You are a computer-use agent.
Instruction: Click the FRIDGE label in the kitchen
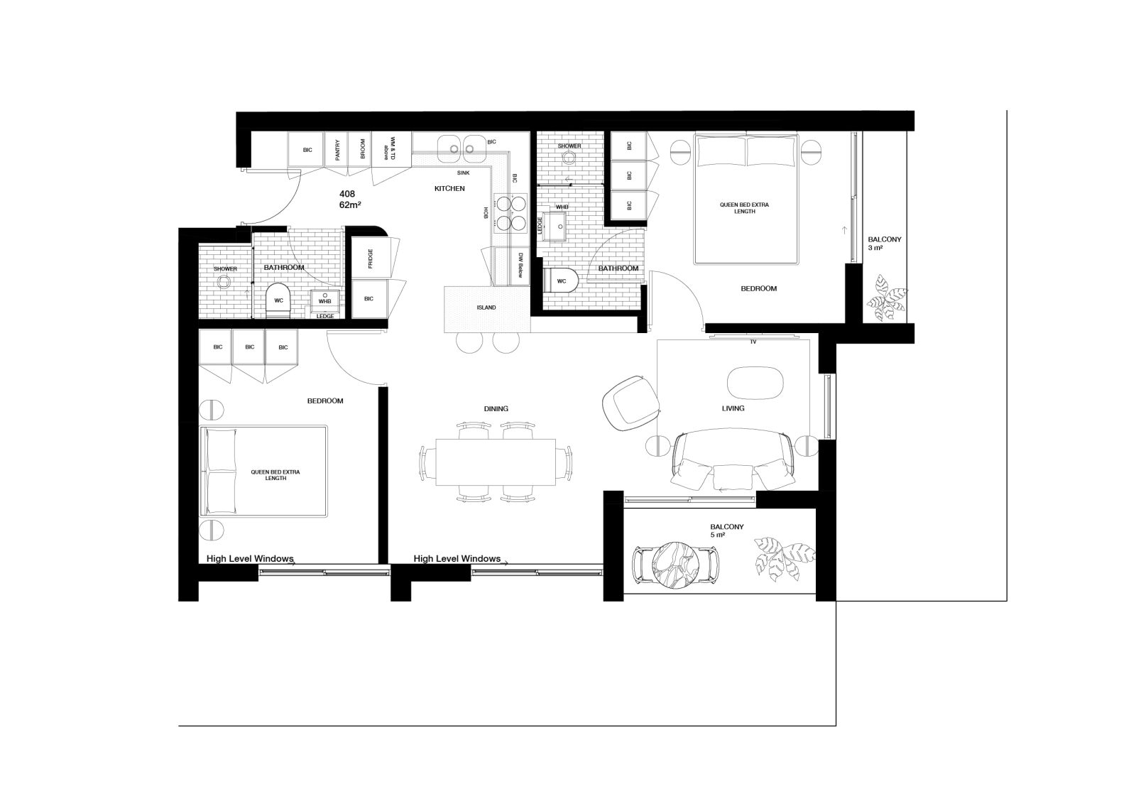pos(370,258)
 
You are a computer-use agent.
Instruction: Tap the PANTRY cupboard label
pos(338,150)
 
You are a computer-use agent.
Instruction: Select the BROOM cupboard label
pos(363,149)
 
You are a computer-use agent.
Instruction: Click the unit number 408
pos(347,194)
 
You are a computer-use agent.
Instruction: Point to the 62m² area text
pos(350,205)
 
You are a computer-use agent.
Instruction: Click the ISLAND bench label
pos(486,307)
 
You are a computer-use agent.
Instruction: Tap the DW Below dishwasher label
pos(520,265)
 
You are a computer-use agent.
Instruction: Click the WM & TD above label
pos(389,148)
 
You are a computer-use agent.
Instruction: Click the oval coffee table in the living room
pos(755,383)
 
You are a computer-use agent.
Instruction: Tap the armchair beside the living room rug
pos(631,403)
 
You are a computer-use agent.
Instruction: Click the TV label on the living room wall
pos(753,342)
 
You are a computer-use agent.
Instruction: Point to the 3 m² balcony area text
pos(875,248)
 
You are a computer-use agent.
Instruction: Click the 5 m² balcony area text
pos(718,535)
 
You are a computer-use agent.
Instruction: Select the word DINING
pos(496,408)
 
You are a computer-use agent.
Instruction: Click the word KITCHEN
pos(449,188)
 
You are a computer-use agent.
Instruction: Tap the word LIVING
pos(733,408)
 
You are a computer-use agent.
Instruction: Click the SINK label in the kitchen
pos(464,173)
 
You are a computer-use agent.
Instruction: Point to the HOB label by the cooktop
pos(486,212)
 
